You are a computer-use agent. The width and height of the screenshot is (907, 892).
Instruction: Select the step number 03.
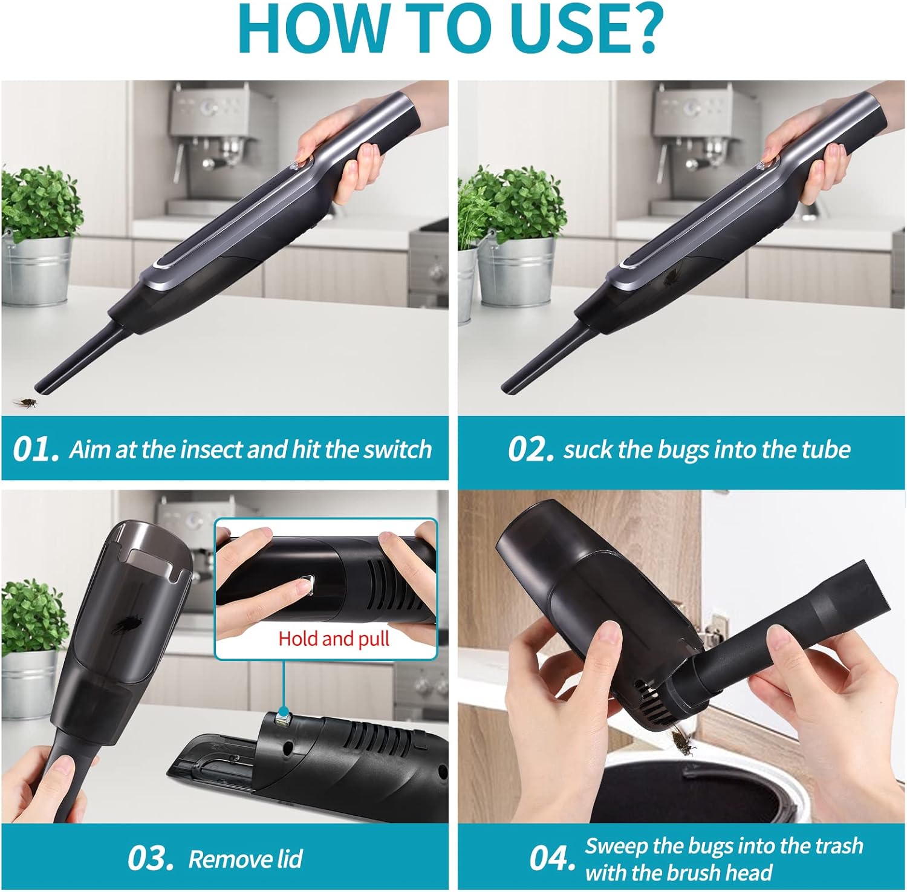tap(151, 858)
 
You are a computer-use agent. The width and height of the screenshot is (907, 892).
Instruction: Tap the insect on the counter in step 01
tap(25, 402)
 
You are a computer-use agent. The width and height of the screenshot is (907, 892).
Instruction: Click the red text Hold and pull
tap(334, 639)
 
